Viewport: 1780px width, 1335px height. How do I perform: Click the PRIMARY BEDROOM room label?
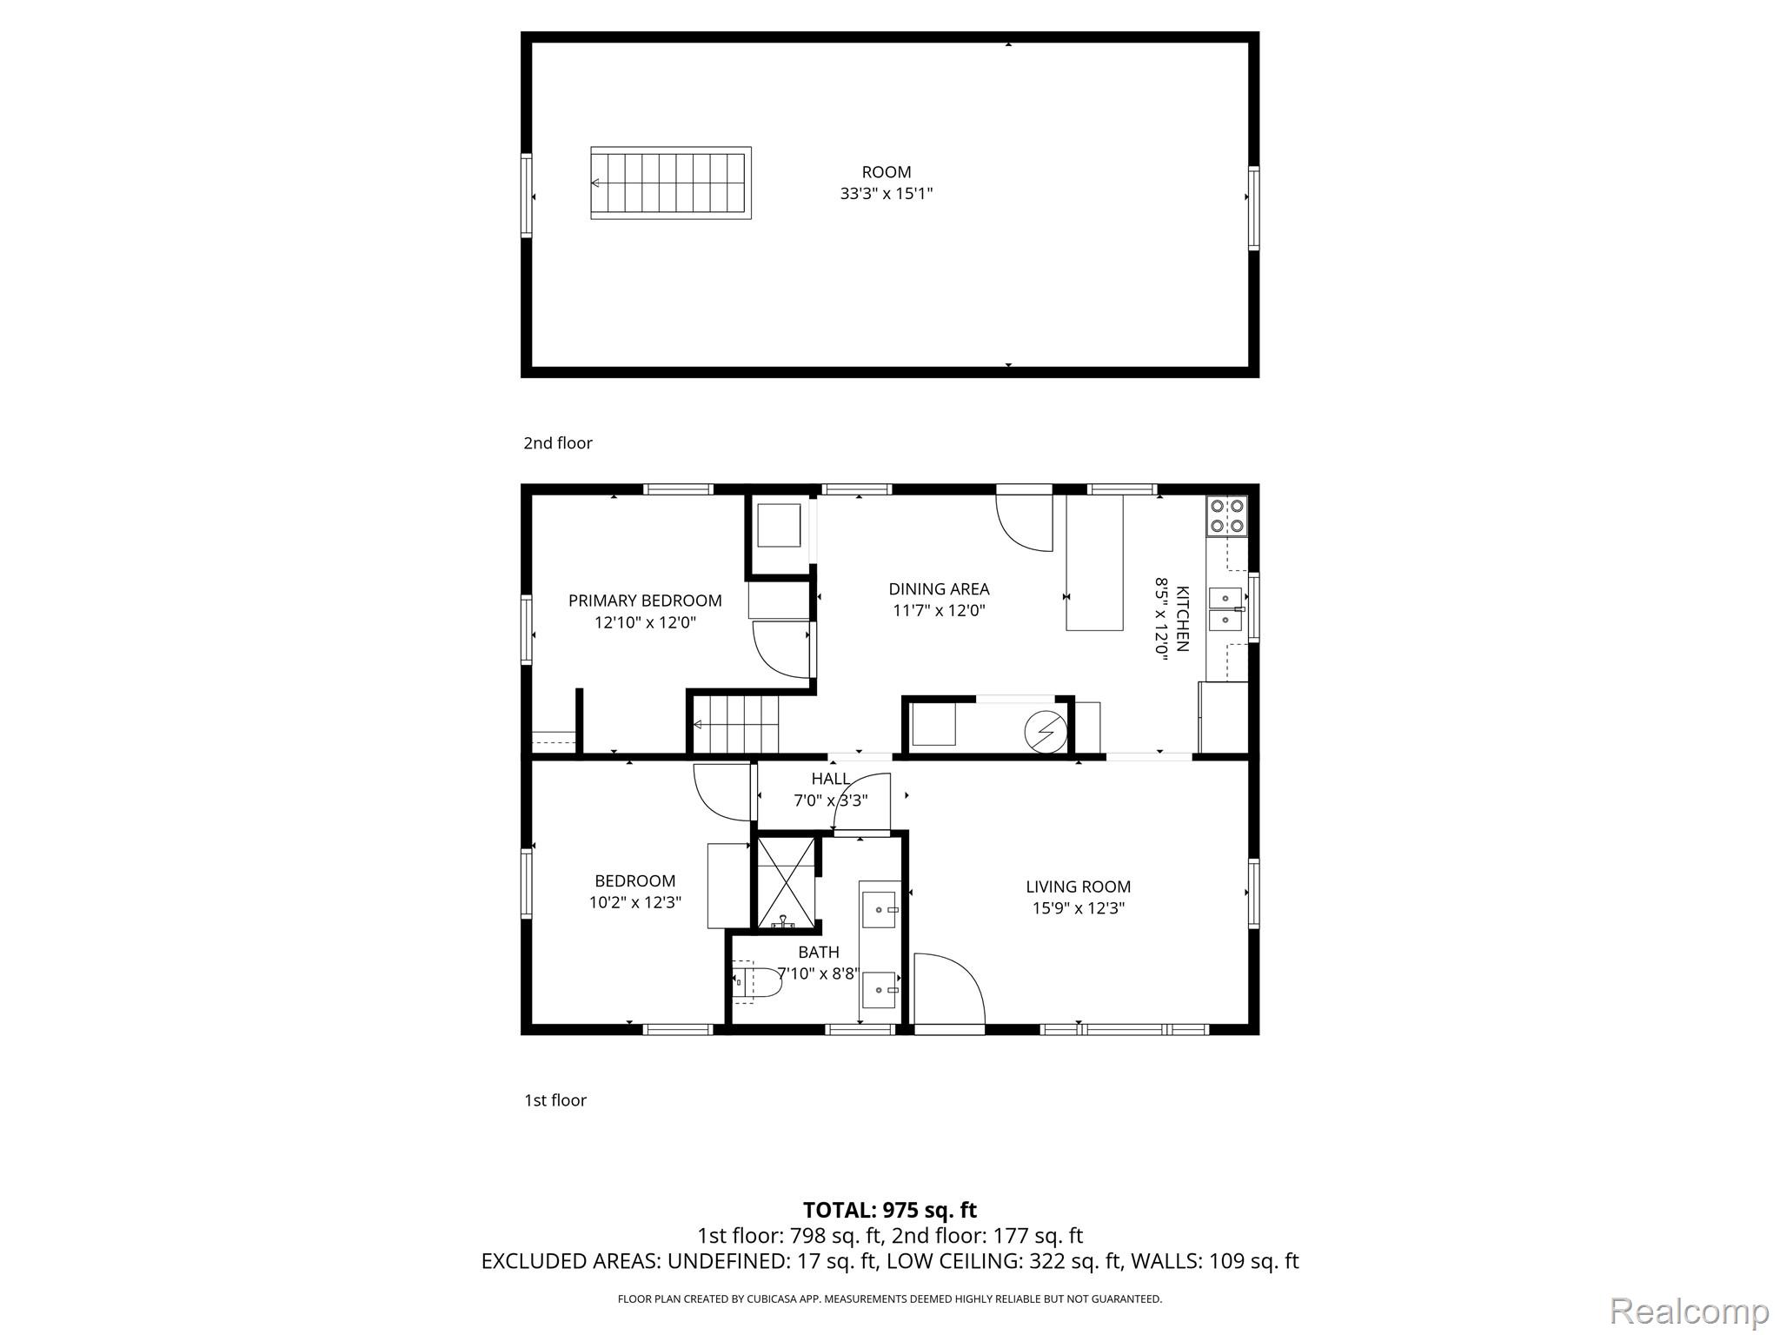tap(645, 601)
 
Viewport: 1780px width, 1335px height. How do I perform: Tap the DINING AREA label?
tap(939, 589)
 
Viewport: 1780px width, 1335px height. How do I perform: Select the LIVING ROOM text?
tap(1078, 887)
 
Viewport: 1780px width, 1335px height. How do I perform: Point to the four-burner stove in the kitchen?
tap(1226, 515)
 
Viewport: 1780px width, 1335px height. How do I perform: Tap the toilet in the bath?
tap(754, 982)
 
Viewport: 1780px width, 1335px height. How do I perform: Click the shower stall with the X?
tap(786, 882)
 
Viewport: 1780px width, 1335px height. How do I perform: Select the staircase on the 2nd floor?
tap(670, 183)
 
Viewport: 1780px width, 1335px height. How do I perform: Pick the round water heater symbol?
tap(1046, 732)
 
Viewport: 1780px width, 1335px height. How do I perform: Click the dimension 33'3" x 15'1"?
tap(886, 194)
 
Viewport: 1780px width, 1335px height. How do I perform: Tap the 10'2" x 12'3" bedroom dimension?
tap(634, 902)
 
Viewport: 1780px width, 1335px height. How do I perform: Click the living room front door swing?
tap(949, 988)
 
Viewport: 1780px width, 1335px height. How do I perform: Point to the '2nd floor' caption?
tap(557, 443)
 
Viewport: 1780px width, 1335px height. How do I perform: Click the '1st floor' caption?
tap(555, 1100)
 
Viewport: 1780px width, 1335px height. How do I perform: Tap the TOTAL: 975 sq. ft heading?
tap(889, 1210)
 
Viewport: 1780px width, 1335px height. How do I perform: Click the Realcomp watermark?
tap(1689, 1311)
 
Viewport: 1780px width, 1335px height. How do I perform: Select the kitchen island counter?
tap(1094, 562)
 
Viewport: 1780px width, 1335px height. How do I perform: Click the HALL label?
tap(830, 779)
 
